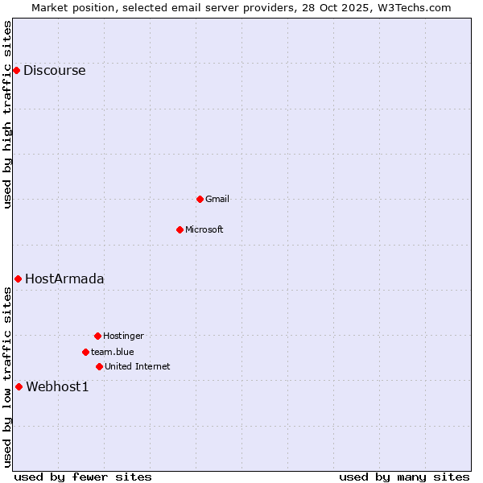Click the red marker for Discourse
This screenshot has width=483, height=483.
click(x=16, y=71)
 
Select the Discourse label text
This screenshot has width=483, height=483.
click(x=54, y=71)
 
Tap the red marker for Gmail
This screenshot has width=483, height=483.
click(x=200, y=199)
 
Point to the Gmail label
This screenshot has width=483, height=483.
click(x=217, y=199)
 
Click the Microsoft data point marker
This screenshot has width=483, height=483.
click(x=180, y=229)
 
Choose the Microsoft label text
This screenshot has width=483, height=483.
click(x=204, y=229)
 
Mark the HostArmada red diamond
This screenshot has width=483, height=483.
click(x=18, y=279)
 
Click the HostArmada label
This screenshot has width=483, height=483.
click(x=64, y=279)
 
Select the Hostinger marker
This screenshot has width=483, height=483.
click(x=97, y=336)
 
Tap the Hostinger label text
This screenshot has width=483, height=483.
click(x=123, y=336)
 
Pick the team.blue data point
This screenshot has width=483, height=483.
click(x=85, y=352)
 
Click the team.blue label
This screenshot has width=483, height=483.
click(x=112, y=352)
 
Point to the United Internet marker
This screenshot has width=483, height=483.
click(x=99, y=366)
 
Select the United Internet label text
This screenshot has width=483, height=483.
click(x=137, y=366)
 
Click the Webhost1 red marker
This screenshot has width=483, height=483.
click(x=19, y=386)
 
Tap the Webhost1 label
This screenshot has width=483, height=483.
click(x=57, y=387)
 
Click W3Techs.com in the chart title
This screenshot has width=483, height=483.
click(x=413, y=7)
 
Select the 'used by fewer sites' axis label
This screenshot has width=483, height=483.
click(x=83, y=477)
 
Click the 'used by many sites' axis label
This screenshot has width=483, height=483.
click(x=404, y=477)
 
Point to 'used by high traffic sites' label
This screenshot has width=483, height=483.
click(x=7, y=114)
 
